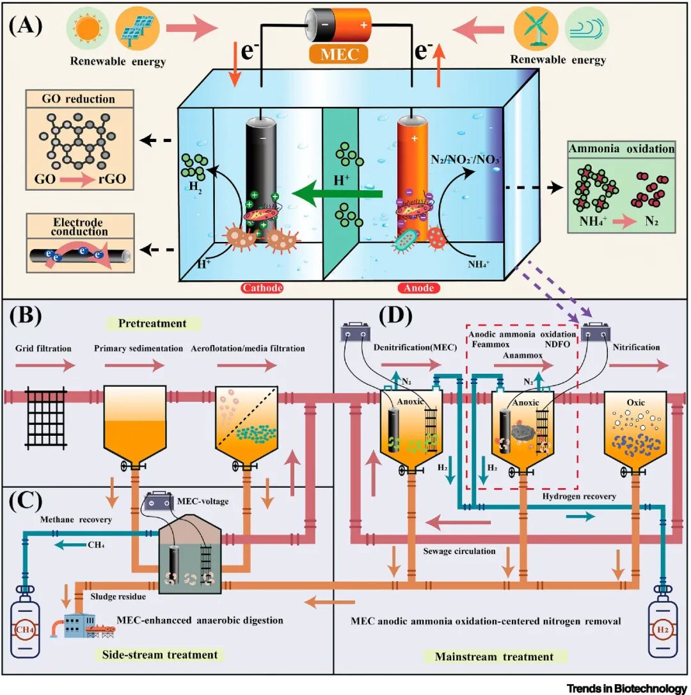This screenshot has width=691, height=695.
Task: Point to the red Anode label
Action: [x=419, y=288]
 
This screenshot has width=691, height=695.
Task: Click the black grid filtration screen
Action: [x=45, y=411]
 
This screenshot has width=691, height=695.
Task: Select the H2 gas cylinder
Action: [x=662, y=623]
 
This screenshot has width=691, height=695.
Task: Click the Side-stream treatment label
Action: [x=160, y=655]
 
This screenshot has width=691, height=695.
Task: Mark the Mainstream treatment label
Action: [x=494, y=656]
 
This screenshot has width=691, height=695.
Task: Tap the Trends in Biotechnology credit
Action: [x=626, y=688]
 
